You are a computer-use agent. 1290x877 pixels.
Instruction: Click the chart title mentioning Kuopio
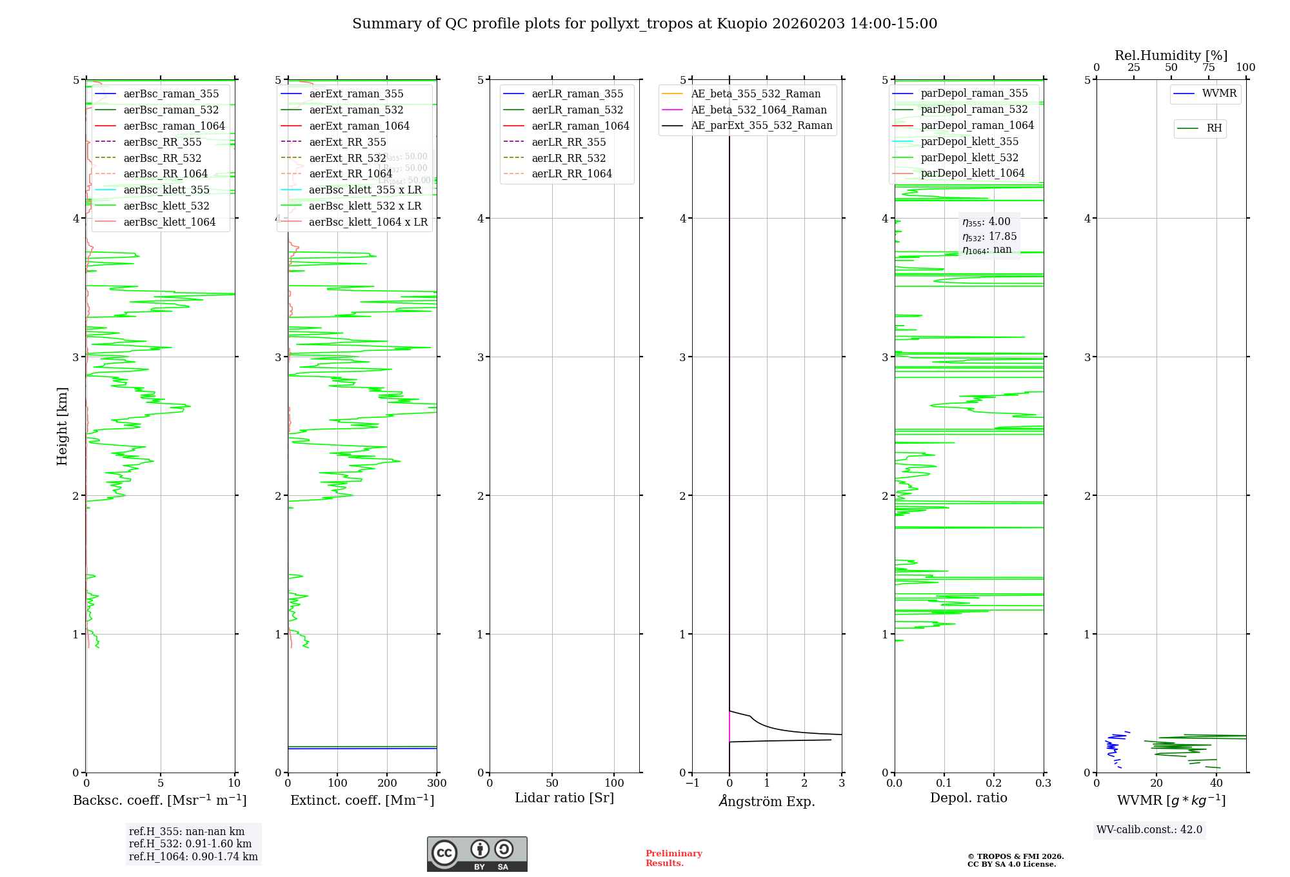644,24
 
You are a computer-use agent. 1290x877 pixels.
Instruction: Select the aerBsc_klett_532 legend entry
166,206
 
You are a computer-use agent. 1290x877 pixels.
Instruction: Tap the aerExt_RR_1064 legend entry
350,173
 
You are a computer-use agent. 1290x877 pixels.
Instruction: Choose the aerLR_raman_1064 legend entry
580,126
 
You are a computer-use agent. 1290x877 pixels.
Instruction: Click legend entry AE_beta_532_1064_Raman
759,110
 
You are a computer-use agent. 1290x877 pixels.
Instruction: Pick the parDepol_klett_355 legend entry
969,141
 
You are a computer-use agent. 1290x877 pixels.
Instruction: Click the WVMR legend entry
1219,94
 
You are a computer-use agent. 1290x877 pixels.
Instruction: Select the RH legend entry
1214,128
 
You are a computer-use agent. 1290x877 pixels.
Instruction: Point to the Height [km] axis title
62,426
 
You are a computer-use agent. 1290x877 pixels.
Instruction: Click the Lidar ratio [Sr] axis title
564,798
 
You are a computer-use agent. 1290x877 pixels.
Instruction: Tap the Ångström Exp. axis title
767,801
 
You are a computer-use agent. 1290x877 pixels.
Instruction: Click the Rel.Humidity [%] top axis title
1171,55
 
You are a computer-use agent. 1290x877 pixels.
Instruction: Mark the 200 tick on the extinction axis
387,783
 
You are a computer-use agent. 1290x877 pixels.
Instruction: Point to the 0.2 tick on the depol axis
994,783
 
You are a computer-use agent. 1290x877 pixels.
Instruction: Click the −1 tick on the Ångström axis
692,783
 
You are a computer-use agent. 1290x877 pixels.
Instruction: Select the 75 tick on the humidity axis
1209,68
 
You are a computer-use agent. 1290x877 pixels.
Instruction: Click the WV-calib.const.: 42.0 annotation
1149,829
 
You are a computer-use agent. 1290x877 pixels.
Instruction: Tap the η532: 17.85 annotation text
989,237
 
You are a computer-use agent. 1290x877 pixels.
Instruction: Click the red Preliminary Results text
673,858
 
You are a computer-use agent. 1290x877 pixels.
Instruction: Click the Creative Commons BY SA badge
477,854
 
